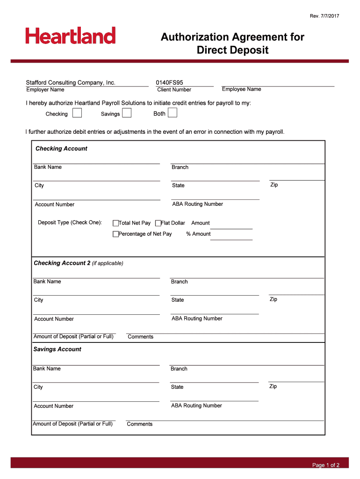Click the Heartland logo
tap(71, 36)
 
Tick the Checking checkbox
tap(77, 113)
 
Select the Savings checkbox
tap(127, 113)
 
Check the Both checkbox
tap(173, 113)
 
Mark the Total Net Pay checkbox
tap(115, 223)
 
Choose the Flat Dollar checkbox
tap(158, 223)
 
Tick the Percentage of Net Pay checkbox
tap(115, 234)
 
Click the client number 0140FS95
tap(170, 83)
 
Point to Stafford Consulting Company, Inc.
tap(71, 83)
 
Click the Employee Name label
tap(241, 89)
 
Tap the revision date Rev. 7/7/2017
tap(324, 16)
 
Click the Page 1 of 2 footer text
tap(326, 465)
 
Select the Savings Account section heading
tap(57, 349)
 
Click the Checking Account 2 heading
tap(62, 263)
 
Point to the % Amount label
tap(198, 234)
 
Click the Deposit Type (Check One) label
tap(70, 223)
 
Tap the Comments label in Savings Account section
tap(140, 424)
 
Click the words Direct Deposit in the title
tap(232, 50)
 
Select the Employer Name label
tap(45, 90)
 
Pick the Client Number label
tap(174, 90)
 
